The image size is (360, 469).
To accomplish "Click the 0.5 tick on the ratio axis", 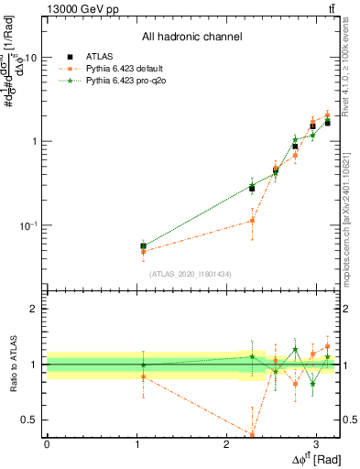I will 33,420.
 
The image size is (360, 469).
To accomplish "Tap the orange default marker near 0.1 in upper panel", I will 252,221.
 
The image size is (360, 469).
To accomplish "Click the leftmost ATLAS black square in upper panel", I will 143,245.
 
